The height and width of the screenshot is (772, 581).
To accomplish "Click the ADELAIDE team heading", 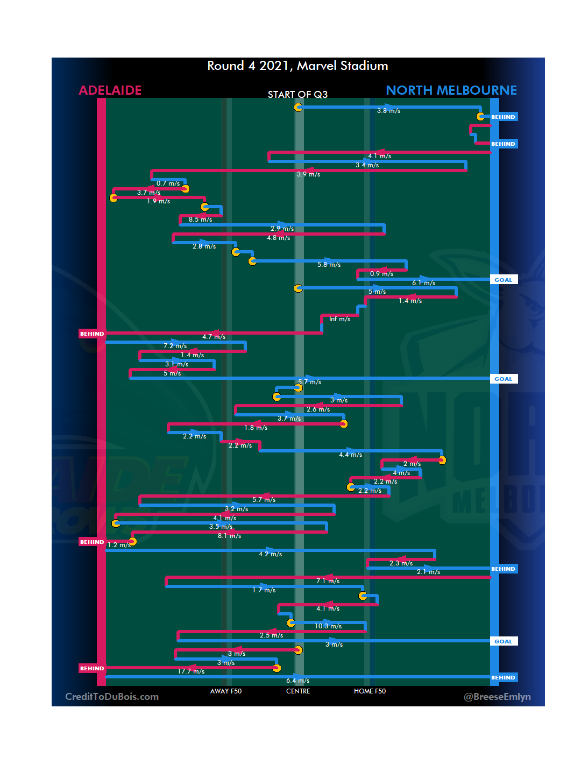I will click(110, 90).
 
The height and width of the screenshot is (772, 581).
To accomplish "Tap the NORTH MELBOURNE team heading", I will click(451, 90).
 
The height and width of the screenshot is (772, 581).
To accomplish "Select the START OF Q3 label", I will click(297, 95).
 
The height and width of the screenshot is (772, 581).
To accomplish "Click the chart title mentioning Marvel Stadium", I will click(297, 66).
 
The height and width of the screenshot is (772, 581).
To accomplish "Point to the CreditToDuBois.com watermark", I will click(112, 697).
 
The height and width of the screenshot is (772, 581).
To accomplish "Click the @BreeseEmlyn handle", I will click(497, 697).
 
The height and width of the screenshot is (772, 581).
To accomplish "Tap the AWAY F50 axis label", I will click(226, 691).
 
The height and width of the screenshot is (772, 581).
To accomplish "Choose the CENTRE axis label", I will click(298, 691).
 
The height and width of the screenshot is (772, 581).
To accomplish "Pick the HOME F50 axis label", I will click(370, 691).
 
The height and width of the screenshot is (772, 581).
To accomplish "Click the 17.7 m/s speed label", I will click(191, 671).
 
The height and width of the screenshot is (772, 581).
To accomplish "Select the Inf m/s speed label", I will click(339, 320).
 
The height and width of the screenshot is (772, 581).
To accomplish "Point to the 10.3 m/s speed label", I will click(328, 626).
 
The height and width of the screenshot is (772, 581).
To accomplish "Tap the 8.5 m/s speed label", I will click(200, 219).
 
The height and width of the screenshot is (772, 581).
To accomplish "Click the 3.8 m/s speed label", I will click(388, 111).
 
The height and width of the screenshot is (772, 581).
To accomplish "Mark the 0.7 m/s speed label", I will click(168, 183).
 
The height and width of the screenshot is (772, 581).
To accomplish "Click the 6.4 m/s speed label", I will click(297, 681).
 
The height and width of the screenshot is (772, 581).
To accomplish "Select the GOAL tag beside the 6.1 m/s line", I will click(504, 280).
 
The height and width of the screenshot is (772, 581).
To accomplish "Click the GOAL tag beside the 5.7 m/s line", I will click(504, 379).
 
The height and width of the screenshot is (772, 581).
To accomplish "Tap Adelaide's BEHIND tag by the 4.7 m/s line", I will click(92, 334).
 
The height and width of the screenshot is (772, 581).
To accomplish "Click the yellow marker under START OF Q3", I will click(298, 107).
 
